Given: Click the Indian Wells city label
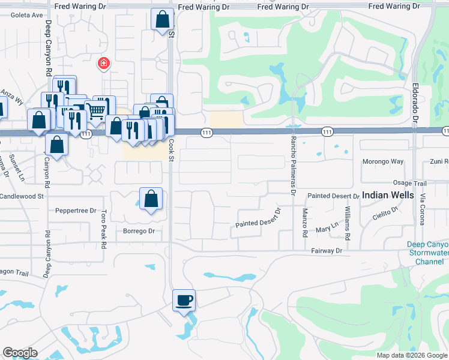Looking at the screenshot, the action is coord(388,196).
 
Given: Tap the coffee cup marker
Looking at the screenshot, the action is coord(184,299).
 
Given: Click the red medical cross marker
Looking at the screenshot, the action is coord(103,62).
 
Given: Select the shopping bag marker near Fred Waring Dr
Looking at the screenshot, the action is coord(162,20).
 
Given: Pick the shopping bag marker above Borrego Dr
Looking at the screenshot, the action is coord(151,198).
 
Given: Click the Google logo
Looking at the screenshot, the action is coord(20,353).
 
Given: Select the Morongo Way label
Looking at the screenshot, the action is coord(383,162).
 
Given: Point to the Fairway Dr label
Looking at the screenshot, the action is coord(326,250).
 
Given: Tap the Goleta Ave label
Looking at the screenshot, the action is coord(13,15).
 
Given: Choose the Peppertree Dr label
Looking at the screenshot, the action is coord(76,211).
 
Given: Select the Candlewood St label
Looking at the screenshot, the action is coord(22,196).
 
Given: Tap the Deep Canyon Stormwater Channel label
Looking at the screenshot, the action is coord(427,253).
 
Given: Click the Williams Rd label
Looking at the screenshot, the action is coord(348,221).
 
